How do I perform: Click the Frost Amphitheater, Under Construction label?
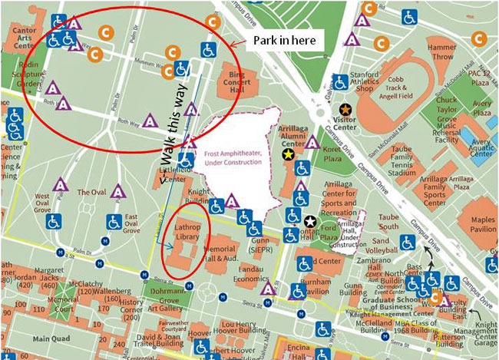pos(235,157)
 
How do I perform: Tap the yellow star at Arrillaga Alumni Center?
pos(288,154)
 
